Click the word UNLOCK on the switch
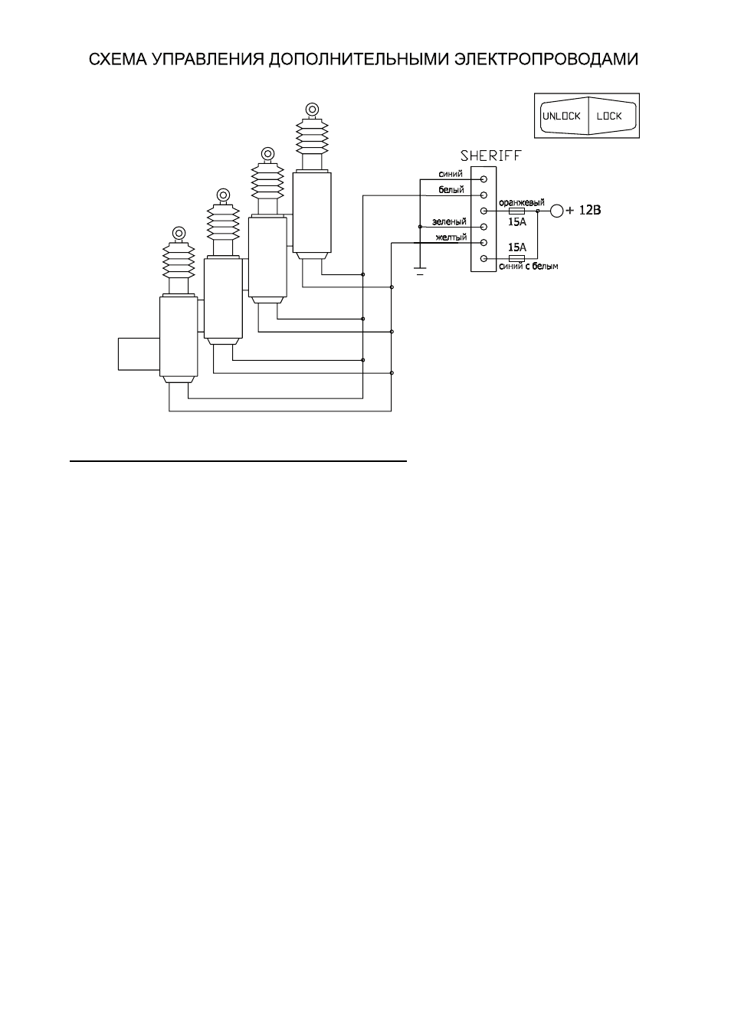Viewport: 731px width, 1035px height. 561,116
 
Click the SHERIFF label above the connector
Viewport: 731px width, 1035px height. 490,156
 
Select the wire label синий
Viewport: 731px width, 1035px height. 451,174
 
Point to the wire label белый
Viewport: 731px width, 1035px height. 451,189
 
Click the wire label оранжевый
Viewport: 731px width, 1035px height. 522,202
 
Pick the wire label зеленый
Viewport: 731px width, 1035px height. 449,222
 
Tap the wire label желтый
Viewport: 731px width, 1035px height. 451,237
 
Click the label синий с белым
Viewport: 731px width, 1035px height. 529,266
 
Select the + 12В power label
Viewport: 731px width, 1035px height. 583,210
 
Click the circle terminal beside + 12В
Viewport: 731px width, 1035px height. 557,211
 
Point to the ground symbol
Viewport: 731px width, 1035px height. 420,271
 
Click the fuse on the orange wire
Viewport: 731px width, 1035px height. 516,211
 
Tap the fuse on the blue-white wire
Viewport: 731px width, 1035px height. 516,258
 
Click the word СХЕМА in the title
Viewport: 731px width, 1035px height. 117,60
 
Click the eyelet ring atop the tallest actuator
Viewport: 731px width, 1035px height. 312,110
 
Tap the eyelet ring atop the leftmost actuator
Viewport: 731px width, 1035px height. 179,233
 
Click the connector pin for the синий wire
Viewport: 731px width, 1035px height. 484,179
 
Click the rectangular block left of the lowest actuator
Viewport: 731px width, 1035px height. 139,354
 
